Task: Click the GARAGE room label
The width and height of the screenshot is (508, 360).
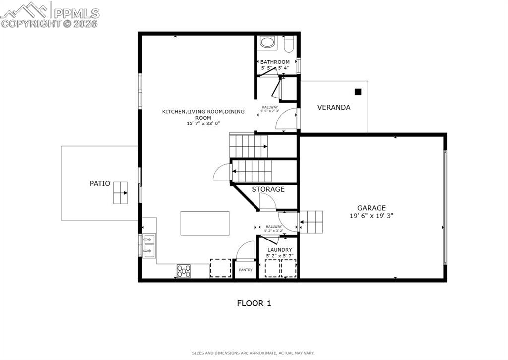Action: pos(371,208)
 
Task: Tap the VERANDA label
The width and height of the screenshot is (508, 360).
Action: pos(334,107)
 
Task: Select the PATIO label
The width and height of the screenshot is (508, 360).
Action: pos(100,183)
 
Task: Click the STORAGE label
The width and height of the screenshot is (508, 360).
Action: pos(268,189)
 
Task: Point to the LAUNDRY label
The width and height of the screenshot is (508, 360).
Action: pos(280,250)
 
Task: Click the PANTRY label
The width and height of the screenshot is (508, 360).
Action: pos(246,270)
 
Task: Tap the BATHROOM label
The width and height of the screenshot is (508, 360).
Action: pos(275,62)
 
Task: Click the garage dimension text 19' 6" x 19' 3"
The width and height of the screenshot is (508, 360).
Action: pos(371,216)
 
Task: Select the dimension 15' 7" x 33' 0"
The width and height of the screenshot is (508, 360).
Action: pos(203,123)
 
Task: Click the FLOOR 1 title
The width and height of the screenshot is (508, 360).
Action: pos(254,303)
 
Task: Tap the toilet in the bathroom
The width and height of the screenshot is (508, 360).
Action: pos(289,44)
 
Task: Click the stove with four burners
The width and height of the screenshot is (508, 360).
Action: pos(184,271)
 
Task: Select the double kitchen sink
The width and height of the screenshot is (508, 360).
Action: pos(148,245)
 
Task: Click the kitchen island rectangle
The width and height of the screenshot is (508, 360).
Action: pos(205,223)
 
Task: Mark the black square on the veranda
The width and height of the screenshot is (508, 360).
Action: pos(358,92)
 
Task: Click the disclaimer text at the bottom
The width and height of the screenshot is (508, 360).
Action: pos(253,353)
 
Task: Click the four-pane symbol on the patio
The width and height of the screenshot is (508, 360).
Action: pos(120,193)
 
